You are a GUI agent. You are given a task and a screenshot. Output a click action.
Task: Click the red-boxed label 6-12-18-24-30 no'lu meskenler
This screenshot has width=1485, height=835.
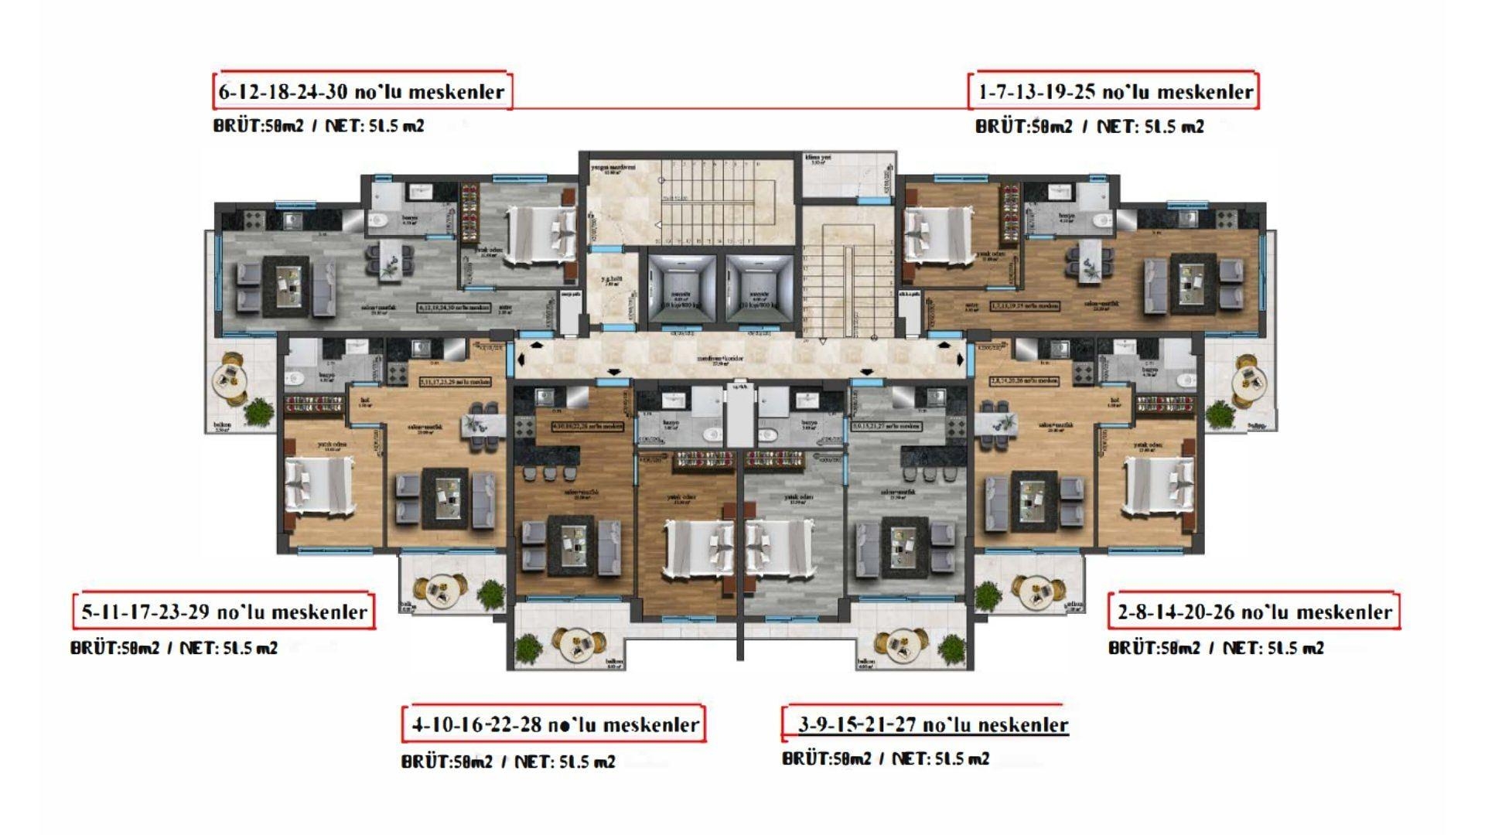pos(362,92)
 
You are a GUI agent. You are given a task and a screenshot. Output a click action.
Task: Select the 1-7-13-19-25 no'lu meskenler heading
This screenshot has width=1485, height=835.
pos(1115,92)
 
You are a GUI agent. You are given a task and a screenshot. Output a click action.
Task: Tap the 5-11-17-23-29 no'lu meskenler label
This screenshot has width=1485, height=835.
pos(224,612)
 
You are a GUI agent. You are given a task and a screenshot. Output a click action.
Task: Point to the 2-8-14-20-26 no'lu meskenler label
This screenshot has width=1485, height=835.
pos(1255,612)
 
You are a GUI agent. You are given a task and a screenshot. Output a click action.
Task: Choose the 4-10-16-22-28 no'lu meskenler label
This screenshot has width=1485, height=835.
pos(555,725)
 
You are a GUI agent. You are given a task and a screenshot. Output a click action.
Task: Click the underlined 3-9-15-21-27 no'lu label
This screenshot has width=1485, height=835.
pos(933,725)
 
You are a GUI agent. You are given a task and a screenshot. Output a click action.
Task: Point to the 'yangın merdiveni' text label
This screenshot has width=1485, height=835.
pos(613,169)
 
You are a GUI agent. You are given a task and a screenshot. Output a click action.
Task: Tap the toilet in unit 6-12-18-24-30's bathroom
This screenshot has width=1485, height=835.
pos(380,223)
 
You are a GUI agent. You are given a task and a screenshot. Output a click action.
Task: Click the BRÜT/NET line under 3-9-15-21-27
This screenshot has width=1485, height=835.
pos(886,758)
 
